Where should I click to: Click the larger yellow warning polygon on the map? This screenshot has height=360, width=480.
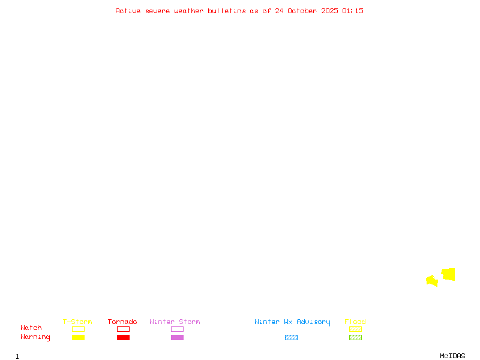point(448,274)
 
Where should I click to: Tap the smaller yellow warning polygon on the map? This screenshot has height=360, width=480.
point(432,280)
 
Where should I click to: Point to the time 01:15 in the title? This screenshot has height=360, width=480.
point(353,11)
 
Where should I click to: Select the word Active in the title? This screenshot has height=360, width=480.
point(128,11)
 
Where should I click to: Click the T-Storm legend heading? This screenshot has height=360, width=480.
point(77,322)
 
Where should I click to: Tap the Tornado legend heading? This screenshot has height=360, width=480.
point(122,322)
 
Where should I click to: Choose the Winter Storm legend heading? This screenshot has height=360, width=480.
point(175,322)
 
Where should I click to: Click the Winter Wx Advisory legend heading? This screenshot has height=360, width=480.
point(292,322)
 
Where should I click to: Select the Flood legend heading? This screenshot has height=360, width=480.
point(355,322)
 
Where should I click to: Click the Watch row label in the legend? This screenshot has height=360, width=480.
point(31,328)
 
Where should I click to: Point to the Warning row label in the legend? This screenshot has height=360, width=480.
point(35,337)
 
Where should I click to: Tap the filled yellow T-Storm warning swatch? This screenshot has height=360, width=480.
point(78,337)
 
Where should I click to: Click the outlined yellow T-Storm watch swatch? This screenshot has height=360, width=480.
point(78,329)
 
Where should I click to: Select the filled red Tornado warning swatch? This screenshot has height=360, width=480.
point(123,337)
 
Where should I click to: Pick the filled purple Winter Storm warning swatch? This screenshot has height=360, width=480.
point(177,337)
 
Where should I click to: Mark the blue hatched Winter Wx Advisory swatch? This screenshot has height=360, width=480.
point(291,337)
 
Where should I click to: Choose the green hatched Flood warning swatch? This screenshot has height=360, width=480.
point(355,337)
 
